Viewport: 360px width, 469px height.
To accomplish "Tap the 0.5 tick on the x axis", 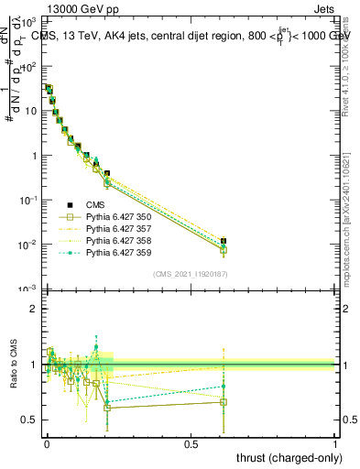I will pos(191,444).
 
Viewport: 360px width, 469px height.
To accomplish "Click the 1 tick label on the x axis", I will pos(336,444).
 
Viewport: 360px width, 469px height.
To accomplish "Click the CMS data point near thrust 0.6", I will pos(224,241).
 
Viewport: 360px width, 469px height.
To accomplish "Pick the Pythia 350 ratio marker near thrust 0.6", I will pos(224,402).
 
